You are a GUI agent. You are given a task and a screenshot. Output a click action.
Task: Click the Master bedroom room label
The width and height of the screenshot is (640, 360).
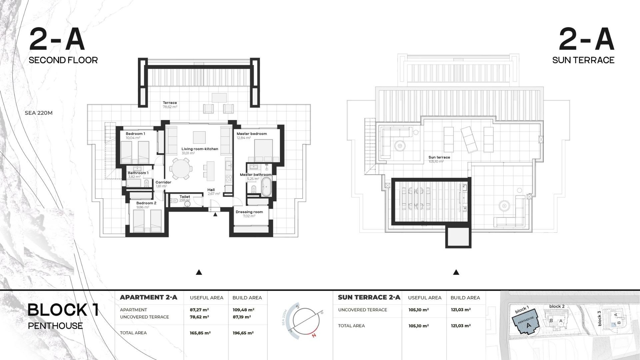pos(251,134)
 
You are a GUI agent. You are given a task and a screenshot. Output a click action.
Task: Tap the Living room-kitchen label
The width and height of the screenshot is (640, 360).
pos(200,149)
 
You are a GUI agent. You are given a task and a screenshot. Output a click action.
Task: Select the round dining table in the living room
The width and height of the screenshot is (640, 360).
pos(181,169)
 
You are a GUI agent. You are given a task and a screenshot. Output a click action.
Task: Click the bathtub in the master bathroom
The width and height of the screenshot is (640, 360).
pos(266,187)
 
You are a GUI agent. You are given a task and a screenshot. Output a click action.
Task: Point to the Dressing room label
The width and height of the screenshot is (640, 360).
pos(249,212)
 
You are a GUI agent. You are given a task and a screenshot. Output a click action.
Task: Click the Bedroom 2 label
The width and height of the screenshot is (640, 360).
pos(146,203)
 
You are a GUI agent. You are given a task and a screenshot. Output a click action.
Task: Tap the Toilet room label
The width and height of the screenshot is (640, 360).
pos(185,197)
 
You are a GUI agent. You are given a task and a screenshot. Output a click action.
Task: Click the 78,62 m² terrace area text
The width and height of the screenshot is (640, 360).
pos(170,107)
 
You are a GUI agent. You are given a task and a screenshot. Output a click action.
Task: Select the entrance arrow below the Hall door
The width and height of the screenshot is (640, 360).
pos(215,215)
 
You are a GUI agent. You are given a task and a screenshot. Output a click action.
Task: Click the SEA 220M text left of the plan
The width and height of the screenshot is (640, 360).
pos(39,113)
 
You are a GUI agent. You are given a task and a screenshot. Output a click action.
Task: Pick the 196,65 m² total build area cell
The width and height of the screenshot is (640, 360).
pos(243,333)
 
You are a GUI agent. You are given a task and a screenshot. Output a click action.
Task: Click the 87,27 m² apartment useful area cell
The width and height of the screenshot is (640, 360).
pos(199,310)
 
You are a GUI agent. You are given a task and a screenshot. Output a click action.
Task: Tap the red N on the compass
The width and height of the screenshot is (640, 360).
pos(314,335)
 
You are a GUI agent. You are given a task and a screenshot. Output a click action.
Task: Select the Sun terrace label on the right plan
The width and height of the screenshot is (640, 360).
pos(439,157)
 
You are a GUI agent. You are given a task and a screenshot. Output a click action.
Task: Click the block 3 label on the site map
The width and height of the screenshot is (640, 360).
pos(599,318)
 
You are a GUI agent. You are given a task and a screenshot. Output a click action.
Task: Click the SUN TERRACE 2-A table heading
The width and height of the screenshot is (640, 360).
pos(369,297)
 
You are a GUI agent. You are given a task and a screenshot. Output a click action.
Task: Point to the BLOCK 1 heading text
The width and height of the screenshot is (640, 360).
pos(63,310)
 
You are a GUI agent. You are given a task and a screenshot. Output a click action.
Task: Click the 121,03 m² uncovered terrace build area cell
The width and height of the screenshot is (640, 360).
pos(461,310)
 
